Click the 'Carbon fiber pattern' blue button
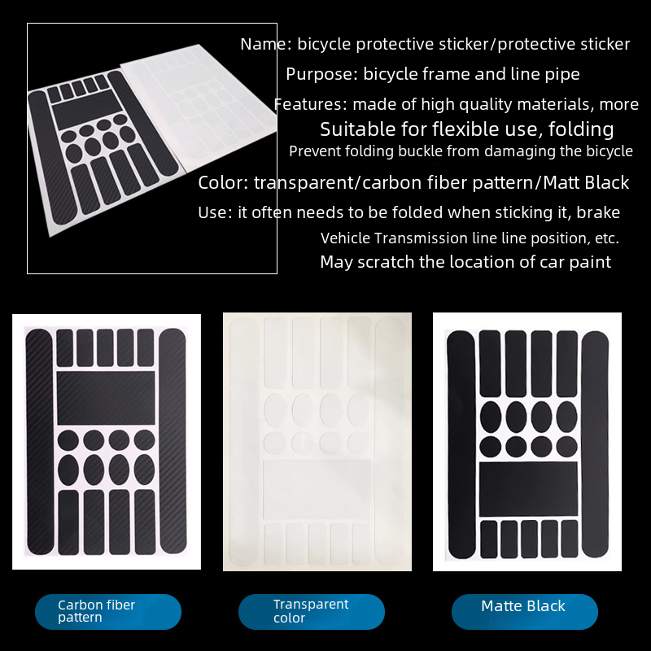point(108,612)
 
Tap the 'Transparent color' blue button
point(312,612)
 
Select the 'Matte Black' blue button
point(525,612)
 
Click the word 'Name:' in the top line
point(266,44)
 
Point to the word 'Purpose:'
point(321,74)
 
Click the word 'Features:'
point(311,104)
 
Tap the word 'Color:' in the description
point(223,182)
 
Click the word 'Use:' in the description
point(215,212)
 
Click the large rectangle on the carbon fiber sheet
point(106,398)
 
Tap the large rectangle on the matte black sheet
point(528,489)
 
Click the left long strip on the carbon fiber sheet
point(40,441)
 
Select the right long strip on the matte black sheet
point(595,444)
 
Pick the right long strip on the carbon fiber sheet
point(173,440)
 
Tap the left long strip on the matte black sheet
point(461,444)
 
